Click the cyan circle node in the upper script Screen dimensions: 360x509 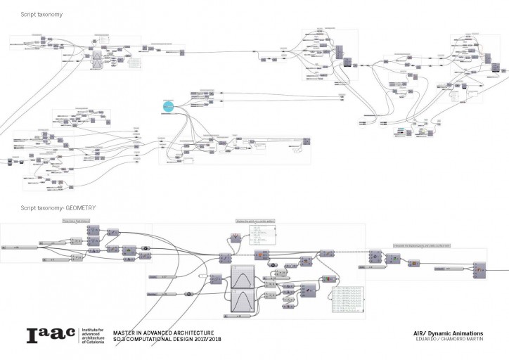(168, 106)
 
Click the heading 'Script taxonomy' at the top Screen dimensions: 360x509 (41, 13)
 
